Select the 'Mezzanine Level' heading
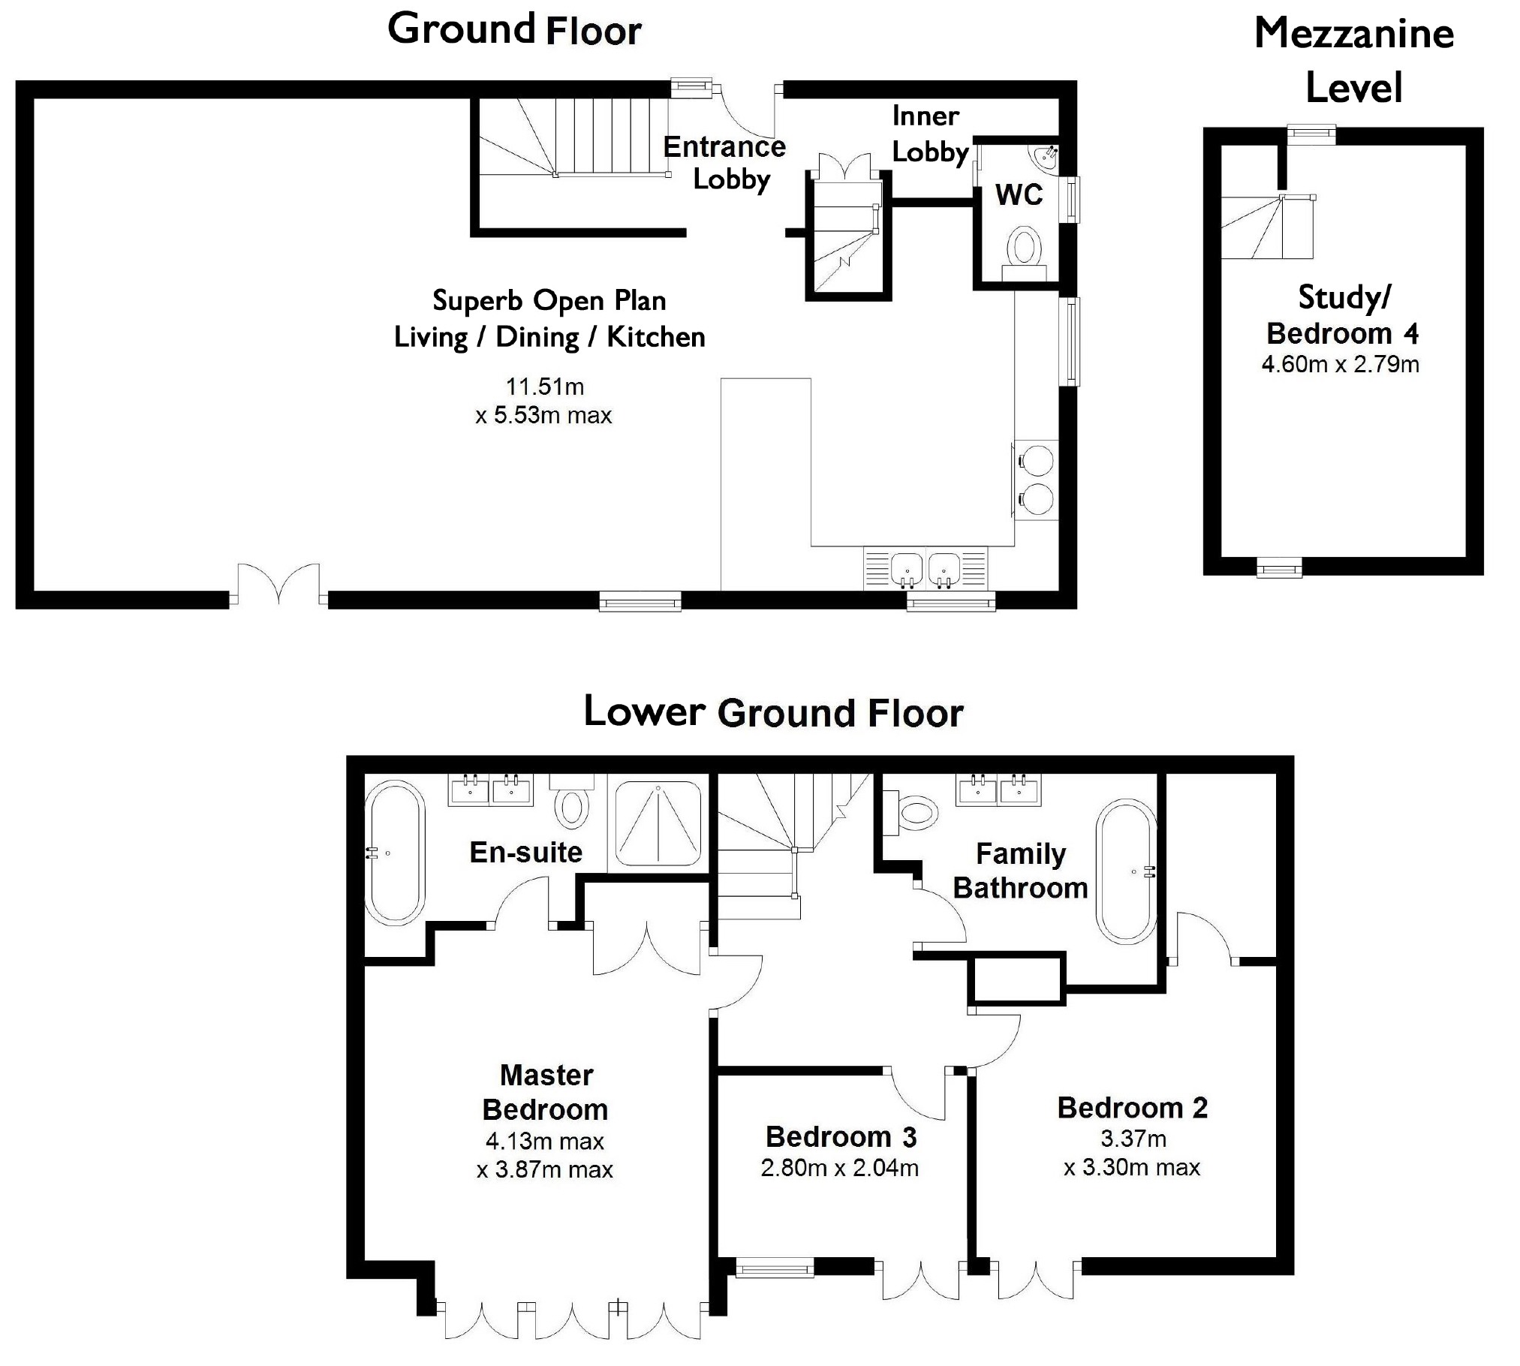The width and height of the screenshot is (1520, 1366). [x=1354, y=60]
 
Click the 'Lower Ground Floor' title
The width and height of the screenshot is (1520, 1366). [x=773, y=712]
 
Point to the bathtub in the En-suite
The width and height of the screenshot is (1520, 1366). [x=395, y=853]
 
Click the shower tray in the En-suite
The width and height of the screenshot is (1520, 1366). [x=658, y=823]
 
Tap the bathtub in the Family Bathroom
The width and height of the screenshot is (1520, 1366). [x=1126, y=871]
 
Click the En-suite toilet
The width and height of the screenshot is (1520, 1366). [x=572, y=802]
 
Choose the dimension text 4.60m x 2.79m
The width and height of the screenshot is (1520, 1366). [x=1340, y=365]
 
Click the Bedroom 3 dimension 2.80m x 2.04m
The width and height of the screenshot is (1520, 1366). [x=839, y=1168]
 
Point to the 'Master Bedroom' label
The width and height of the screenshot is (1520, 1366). [x=546, y=1092]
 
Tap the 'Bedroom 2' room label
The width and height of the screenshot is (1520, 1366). [x=1133, y=1108]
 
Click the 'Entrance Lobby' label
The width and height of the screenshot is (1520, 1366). [x=724, y=163]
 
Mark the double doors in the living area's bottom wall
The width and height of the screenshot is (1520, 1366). [x=278, y=584]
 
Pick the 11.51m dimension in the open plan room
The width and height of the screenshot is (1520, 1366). [x=544, y=387]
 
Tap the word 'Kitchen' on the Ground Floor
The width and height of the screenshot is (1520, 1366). [x=656, y=338]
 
